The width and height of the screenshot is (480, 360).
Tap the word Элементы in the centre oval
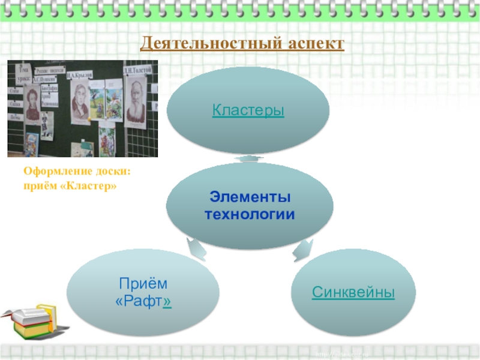tap(250, 197)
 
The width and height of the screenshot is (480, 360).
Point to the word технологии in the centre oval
tap(250, 214)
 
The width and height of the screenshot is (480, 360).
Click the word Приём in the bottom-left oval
tap(143, 283)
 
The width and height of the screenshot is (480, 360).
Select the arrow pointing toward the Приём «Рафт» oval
tap(196, 248)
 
